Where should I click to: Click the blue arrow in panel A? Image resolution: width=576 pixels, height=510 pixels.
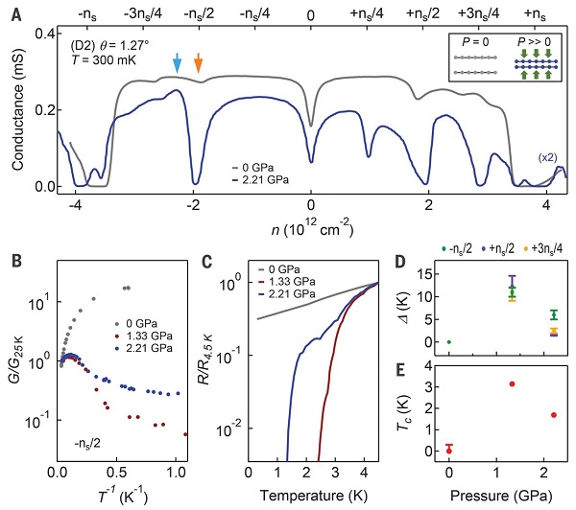177,63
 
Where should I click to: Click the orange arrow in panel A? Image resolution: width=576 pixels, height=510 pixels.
198,63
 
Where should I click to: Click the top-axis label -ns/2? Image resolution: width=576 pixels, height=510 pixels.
198,15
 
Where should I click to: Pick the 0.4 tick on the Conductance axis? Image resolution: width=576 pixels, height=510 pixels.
36,33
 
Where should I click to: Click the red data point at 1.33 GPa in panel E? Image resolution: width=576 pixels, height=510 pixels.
513,384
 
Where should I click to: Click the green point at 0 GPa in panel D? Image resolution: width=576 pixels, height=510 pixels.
449,342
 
